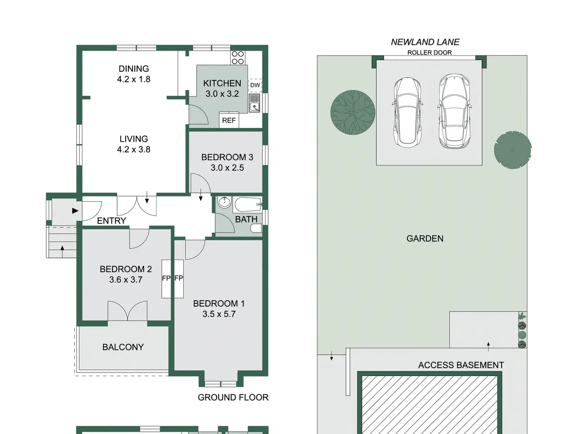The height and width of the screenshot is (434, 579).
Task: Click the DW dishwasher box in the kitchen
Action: point(255,85)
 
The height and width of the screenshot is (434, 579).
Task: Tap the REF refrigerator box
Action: point(229,120)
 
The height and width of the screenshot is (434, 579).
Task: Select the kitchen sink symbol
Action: point(255,103)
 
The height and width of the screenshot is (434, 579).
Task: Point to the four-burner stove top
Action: point(237,58)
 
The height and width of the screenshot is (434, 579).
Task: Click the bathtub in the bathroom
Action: point(247,204)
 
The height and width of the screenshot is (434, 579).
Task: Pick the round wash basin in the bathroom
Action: point(224,202)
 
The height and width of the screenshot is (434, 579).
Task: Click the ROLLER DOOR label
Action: point(429,52)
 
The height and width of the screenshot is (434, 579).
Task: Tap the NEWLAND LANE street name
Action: point(425,42)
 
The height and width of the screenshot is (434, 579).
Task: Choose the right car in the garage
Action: point(454,111)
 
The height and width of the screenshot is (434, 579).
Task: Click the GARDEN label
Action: point(425,239)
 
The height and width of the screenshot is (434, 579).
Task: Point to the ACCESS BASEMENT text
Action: point(461,365)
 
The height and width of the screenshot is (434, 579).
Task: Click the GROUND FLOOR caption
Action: point(233,397)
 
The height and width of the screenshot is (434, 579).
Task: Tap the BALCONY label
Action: point(123,347)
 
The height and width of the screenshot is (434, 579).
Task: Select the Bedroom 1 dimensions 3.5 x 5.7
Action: point(219,314)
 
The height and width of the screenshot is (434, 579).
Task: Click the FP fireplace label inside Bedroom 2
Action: point(166,278)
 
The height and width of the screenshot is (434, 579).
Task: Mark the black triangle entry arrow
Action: point(75,211)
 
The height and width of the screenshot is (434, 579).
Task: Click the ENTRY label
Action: point(112,221)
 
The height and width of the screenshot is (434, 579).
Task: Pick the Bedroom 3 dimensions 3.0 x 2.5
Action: point(227,168)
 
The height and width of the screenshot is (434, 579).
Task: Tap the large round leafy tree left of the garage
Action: point(353,113)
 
